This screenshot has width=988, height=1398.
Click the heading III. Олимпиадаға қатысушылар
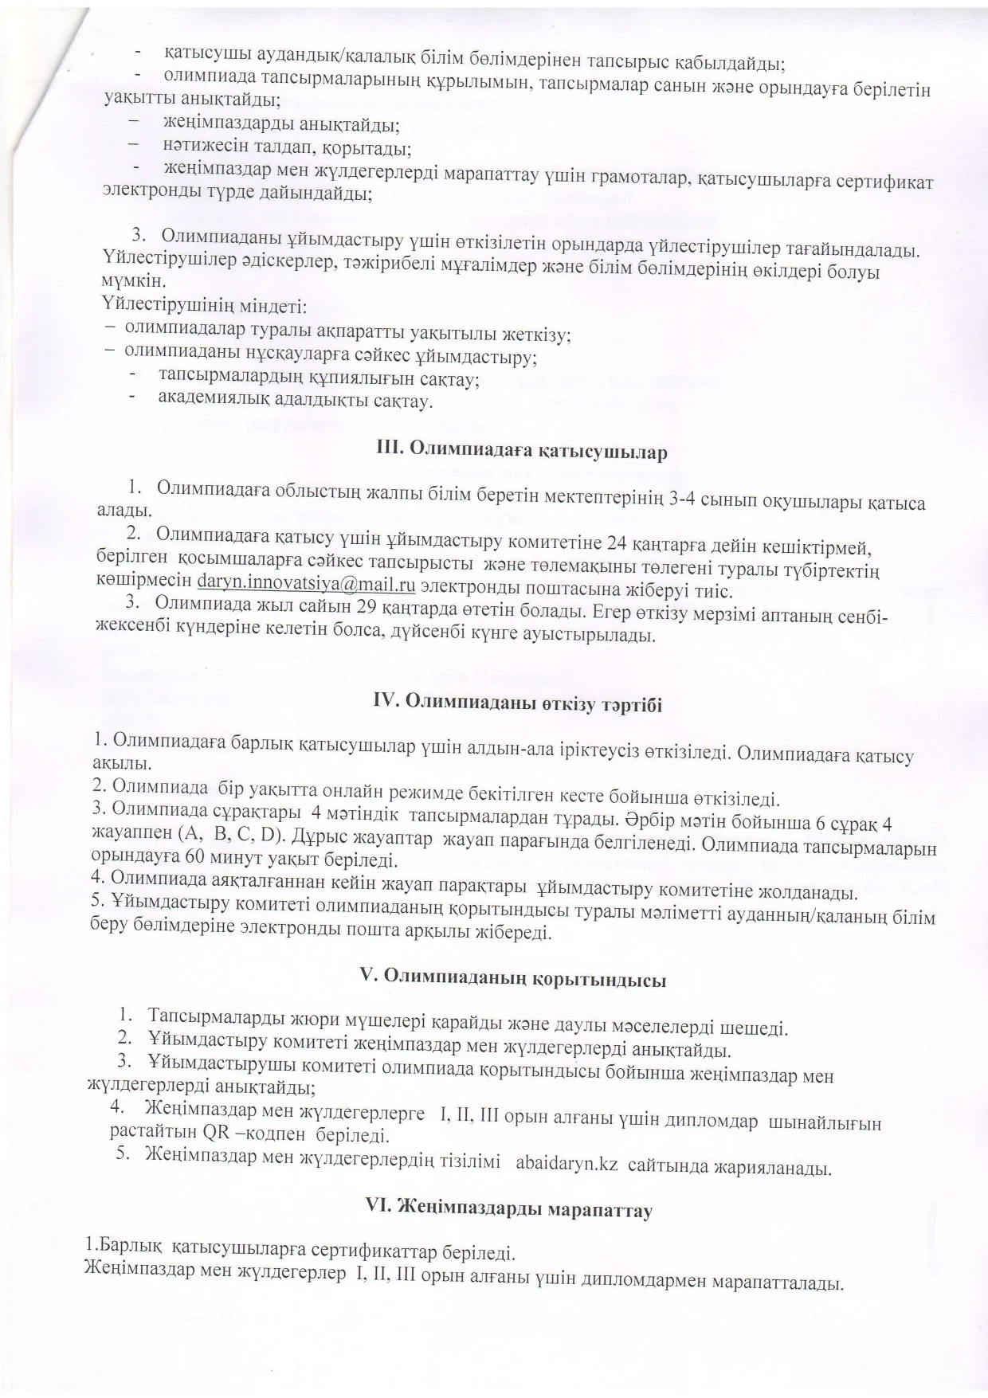coord(521,451)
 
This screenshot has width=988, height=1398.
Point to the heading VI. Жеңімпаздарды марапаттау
coord(508,1210)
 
